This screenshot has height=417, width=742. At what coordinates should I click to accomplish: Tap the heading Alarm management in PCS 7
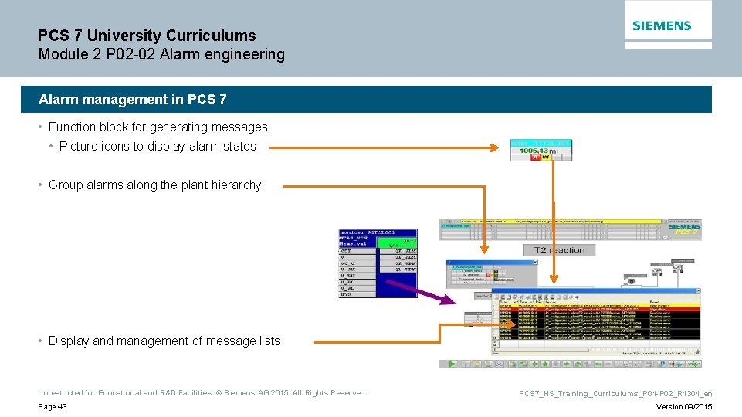(x=133, y=100)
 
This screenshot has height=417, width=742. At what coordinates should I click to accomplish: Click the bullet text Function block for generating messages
(x=158, y=127)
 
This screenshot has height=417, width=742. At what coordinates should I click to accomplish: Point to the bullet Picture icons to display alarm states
(x=157, y=146)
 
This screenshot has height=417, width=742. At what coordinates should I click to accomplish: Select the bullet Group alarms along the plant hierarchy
(x=154, y=185)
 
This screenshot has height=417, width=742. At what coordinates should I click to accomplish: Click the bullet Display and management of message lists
(x=164, y=341)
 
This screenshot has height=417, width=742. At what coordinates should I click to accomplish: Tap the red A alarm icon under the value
(x=535, y=158)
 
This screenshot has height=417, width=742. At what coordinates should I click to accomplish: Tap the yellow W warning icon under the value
(x=545, y=158)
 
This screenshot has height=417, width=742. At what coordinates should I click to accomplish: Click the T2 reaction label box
(x=559, y=250)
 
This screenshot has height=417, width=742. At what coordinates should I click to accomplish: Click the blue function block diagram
(x=378, y=263)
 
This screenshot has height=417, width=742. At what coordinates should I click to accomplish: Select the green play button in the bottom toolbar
(x=453, y=364)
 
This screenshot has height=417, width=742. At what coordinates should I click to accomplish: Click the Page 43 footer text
(x=53, y=407)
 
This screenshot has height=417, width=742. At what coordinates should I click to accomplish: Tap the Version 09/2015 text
(x=684, y=407)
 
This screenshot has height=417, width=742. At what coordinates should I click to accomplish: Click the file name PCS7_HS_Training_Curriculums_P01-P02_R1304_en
(x=615, y=393)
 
